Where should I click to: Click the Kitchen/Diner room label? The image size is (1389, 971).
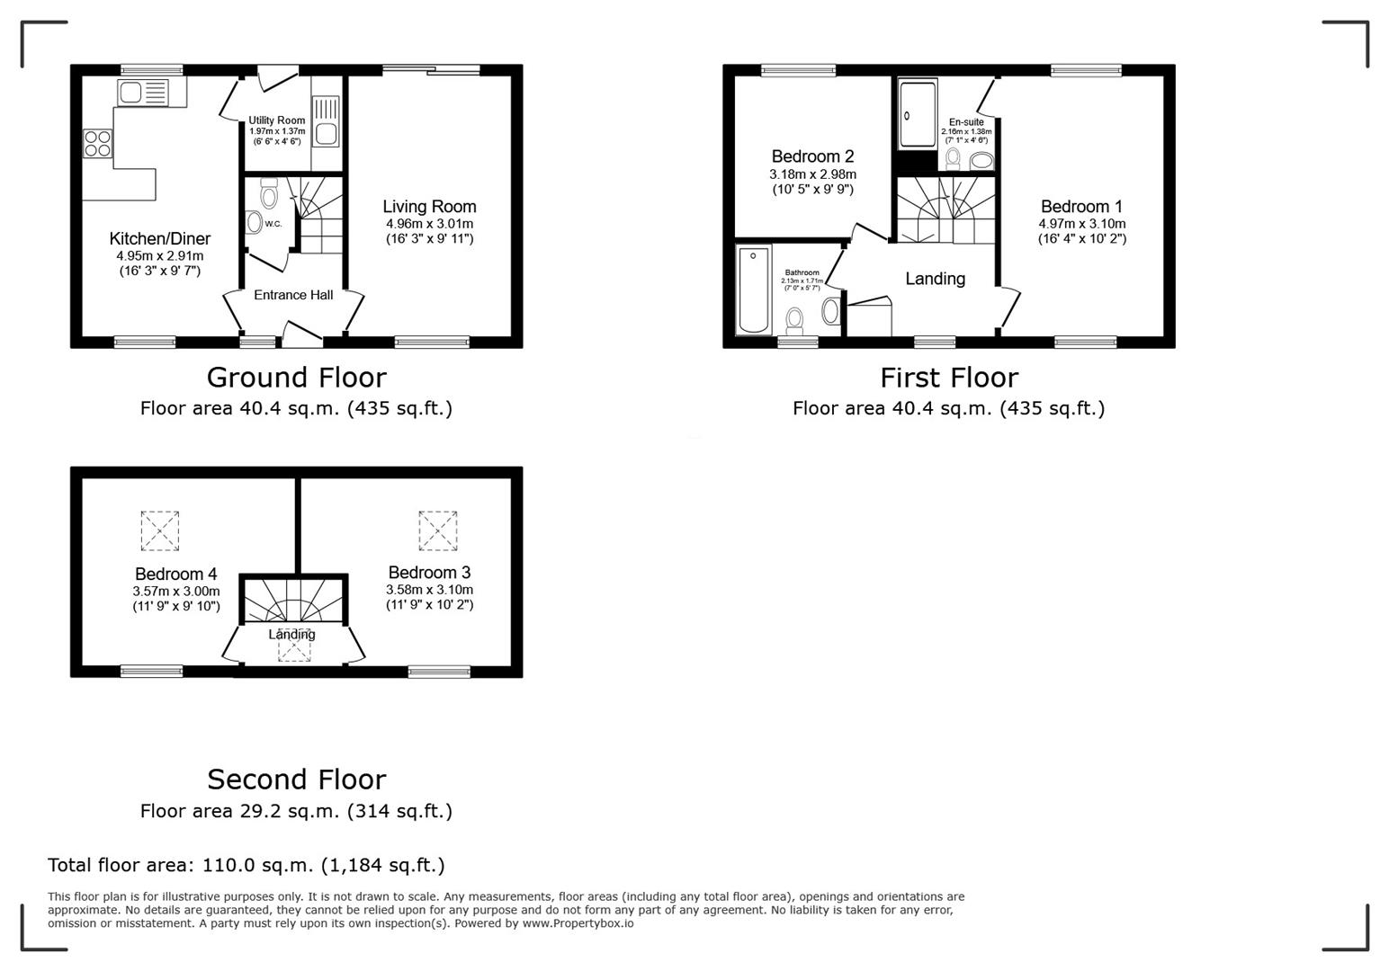pyautogui.click(x=160, y=239)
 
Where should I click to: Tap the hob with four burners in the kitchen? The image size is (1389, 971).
pyautogui.click(x=98, y=144)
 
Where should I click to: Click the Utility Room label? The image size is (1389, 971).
pyautogui.click(x=277, y=120)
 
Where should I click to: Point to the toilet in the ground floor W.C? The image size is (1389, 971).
pyautogui.click(x=268, y=194)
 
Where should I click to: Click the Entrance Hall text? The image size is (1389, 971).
pyautogui.click(x=293, y=295)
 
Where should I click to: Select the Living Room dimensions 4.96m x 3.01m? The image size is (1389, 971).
pyautogui.click(x=429, y=224)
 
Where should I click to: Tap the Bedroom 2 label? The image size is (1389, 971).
pyautogui.click(x=812, y=156)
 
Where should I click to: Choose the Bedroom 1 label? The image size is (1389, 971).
pyautogui.click(x=1081, y=207)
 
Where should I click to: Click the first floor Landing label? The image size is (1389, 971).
pyautogui.click(x=935, y=279)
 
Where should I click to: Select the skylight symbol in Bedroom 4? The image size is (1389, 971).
pyautogui.click(x=160, y=530)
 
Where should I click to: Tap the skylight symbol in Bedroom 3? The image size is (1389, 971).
pyautogui.click(x=437, y=530)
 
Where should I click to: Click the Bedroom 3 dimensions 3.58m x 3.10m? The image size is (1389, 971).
pyautogui.click(x=429, y=590)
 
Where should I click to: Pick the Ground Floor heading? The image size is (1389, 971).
pyautogui.click(x=296, y=377)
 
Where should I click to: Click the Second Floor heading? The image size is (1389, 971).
pyautogui.click(x=296, y=779)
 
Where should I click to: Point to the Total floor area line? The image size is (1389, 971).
pyautogui.click(x=246, y=865)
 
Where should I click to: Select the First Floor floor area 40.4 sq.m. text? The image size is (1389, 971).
pyautogui.click(x=948, y=408)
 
